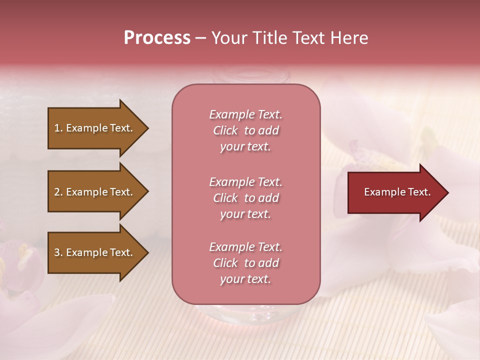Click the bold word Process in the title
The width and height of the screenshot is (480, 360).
(157, 38)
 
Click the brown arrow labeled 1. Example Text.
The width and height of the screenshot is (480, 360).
(95, 128)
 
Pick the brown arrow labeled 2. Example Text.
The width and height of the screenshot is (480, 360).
(95, 192)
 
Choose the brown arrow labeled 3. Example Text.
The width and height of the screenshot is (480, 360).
(95, 253)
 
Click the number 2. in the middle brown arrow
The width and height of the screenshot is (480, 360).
(58, 192)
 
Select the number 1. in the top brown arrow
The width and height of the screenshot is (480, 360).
(58, 128)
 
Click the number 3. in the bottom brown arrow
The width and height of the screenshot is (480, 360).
(58, 253)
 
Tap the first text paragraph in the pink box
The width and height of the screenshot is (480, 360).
(246, 130)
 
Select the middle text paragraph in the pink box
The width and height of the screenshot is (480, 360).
(246, 198)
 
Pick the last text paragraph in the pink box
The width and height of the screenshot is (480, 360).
(246, 263)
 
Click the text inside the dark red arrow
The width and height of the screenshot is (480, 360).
(397, 192)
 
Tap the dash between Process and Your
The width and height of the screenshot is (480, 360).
(201, 38)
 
